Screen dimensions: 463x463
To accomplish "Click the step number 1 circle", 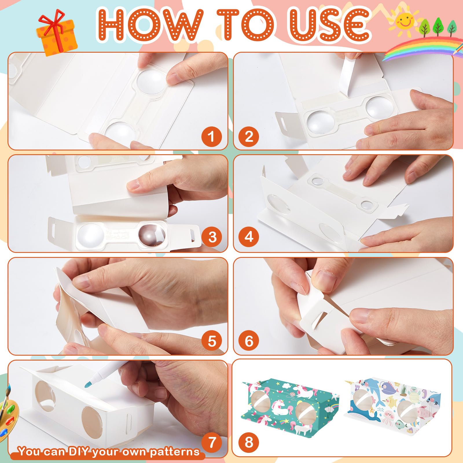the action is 212,136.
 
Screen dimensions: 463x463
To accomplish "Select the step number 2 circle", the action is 249,136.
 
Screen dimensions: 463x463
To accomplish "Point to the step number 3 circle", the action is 212,237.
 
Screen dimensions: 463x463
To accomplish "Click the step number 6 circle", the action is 249,341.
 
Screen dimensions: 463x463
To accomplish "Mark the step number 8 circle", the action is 249,442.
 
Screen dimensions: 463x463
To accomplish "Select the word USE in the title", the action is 330,25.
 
